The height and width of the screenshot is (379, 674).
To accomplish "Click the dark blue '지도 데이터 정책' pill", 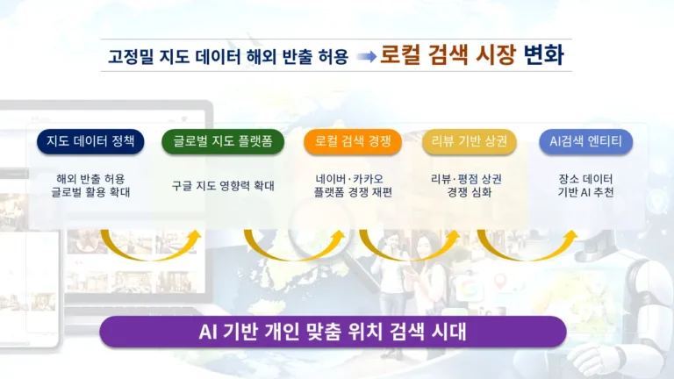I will click(92, 141).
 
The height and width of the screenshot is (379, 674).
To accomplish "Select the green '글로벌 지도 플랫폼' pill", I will click(223, 141).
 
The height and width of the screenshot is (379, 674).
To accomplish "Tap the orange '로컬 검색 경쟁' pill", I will click(353, 141).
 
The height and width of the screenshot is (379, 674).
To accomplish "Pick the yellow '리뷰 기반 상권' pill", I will click(470, 141).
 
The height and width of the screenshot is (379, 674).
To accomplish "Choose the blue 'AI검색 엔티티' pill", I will click(585, 141).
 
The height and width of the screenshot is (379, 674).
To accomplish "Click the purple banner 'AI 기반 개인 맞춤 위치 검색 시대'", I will click(333, 333).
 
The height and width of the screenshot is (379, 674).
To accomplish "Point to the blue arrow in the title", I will click(366, 57).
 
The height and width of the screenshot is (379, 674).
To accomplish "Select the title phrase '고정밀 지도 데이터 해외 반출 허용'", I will click(227, 57).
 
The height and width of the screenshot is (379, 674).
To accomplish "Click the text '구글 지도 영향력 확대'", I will click(223, 185).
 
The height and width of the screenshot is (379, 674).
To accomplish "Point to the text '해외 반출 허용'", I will click(91, 178).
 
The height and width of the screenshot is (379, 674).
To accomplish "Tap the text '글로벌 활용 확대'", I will click(91, 193).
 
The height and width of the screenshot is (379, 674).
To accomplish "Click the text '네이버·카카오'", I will click(353, 178).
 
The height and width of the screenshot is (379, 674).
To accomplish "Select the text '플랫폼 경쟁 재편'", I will click(353, 193).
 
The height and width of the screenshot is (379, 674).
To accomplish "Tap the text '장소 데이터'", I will click(585, 178).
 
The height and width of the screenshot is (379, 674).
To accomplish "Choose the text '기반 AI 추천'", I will click(585, 193).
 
